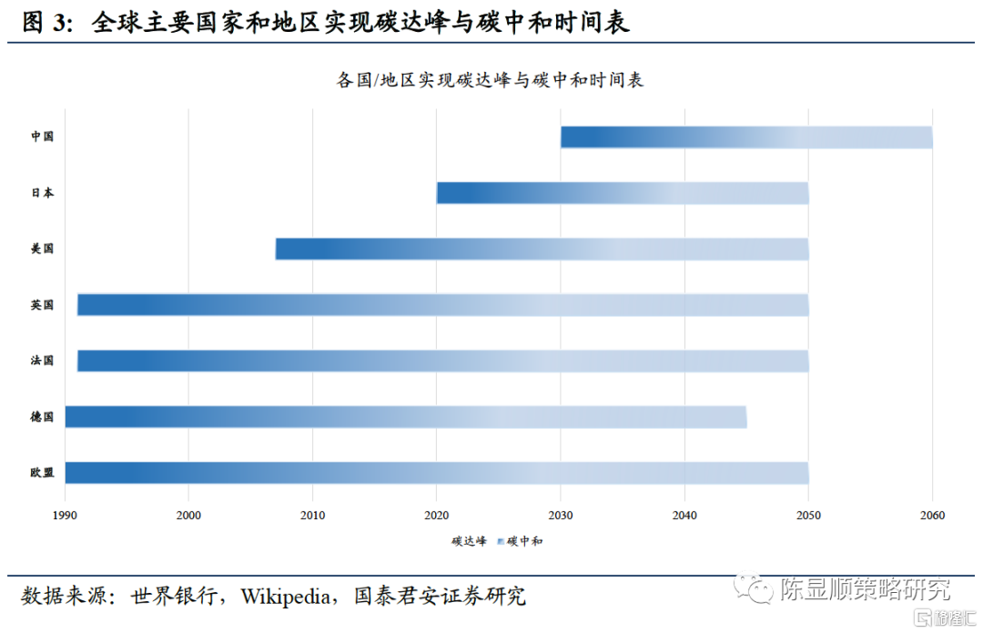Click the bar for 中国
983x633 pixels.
(746, 137)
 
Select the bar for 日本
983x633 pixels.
(623, 193)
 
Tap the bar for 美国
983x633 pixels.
(542, 249)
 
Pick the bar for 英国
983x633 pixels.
(443, 305)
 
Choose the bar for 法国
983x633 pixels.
(443, 361)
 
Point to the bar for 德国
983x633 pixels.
(406, 417)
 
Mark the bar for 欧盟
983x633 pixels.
(437, 473)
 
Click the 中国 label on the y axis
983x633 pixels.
(42, 137)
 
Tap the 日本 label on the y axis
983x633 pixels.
(42, 193)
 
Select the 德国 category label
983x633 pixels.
(42, 417)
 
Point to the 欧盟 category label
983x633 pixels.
(42, 473)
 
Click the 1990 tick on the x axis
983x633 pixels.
(65, 516)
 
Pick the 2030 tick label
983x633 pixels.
(561, 516)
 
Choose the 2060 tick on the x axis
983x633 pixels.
(932, 516)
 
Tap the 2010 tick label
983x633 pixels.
(313, 516)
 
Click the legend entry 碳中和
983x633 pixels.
(524, 541)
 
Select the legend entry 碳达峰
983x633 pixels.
(469, 541)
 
